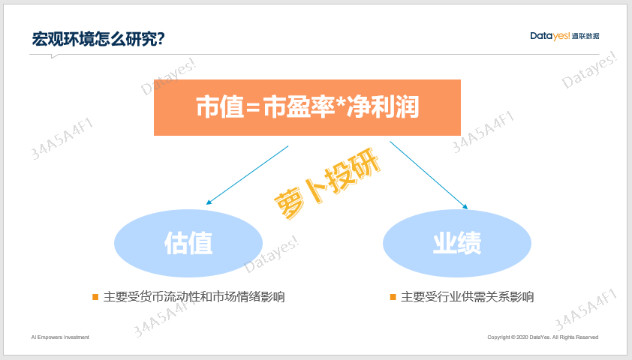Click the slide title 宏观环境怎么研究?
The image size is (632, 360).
[98, 39]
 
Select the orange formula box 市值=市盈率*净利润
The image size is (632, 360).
[307, 107]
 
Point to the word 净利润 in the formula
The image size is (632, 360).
[384, 107]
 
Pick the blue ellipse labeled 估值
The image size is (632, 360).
[188, 243]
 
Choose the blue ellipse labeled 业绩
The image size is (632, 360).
[457, 243]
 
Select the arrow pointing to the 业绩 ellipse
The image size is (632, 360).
[429, 175]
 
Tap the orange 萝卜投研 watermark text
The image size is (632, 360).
[327, 183]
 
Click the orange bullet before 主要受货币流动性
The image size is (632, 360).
[95, 297]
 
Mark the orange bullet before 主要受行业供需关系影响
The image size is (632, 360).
[393, 297]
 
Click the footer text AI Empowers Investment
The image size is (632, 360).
[60, 337]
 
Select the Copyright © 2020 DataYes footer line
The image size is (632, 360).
[543, 337]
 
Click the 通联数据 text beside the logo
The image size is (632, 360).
[585, 36]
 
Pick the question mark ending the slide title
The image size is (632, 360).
[161, 40]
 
